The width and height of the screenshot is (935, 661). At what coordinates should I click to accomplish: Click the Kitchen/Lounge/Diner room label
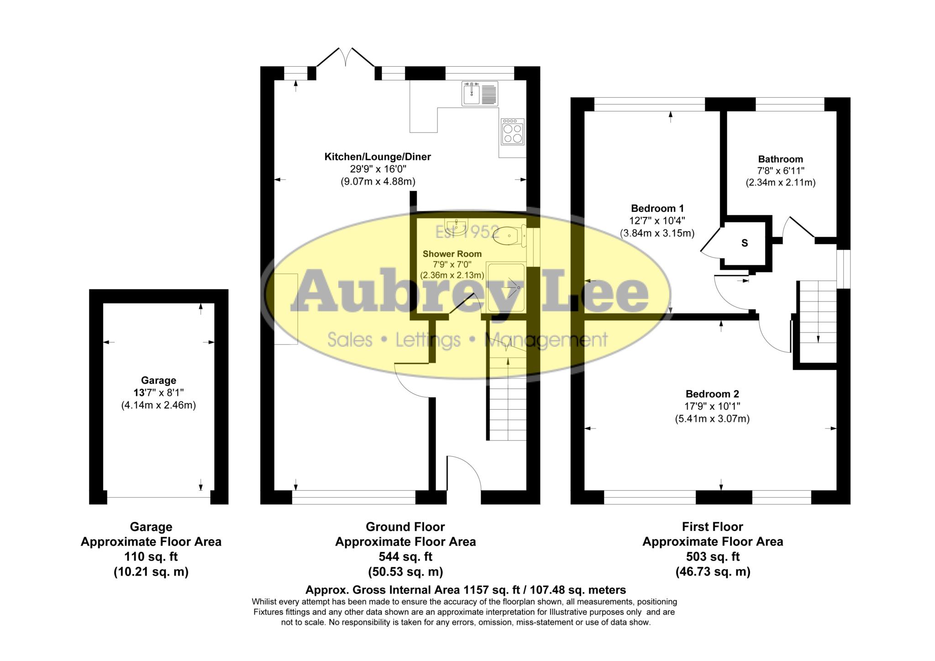point(378,157)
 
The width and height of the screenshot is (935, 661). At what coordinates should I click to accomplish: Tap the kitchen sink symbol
point(479,94)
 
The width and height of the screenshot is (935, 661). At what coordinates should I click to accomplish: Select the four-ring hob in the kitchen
point(512,132)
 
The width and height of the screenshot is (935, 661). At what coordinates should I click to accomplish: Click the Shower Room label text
point(452,254)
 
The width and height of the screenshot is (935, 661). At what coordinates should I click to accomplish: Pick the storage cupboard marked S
point(745,243)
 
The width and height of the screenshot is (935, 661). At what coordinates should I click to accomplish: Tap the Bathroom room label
point(780,159)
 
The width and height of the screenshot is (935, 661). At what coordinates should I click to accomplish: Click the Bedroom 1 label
point(657,209)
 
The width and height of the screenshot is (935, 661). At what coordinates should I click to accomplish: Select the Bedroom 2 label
point(712,394)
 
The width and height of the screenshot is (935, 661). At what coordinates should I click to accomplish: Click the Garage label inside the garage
point(158,381)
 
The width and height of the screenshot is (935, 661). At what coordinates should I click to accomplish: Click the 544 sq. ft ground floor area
point(405,557)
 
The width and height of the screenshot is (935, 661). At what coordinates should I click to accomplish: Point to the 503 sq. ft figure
point(713,557)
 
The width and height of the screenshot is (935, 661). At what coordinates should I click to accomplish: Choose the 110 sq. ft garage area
point(151,557)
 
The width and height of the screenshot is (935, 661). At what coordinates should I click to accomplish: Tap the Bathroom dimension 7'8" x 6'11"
point(780,171)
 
